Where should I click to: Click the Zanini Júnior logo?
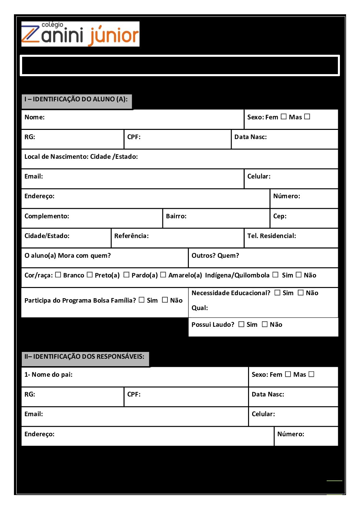[x=80, y=34]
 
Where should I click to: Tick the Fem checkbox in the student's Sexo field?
[x=284, y=117]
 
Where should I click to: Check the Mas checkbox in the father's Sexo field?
[x=311, y=374]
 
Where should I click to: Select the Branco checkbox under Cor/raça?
[x=58, y=275]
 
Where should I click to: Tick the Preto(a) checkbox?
[x=90, y=275]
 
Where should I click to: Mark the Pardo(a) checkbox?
[x=126, y=275]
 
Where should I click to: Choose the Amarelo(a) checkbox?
[x=163, y=275]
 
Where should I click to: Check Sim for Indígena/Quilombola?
[x=276, y=275]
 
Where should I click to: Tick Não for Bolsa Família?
[x=165, y=300]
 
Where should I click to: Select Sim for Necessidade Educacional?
[x=278, y=292]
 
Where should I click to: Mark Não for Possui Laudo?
[x=265, y=324]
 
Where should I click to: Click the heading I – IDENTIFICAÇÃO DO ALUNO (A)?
[x=76, y=99]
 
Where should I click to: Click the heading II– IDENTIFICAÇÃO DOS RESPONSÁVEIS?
[x=84, y=356]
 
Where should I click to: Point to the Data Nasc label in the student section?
[x=250, y=137]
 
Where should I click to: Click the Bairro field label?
[x=176, y=216]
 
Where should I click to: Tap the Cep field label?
[x=280, y=216]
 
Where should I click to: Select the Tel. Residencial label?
[x=272, y=236]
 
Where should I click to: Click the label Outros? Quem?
[x=215, y=256]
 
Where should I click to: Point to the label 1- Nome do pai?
[x=48, y=375]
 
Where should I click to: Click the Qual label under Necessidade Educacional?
[x=200, y=308]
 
